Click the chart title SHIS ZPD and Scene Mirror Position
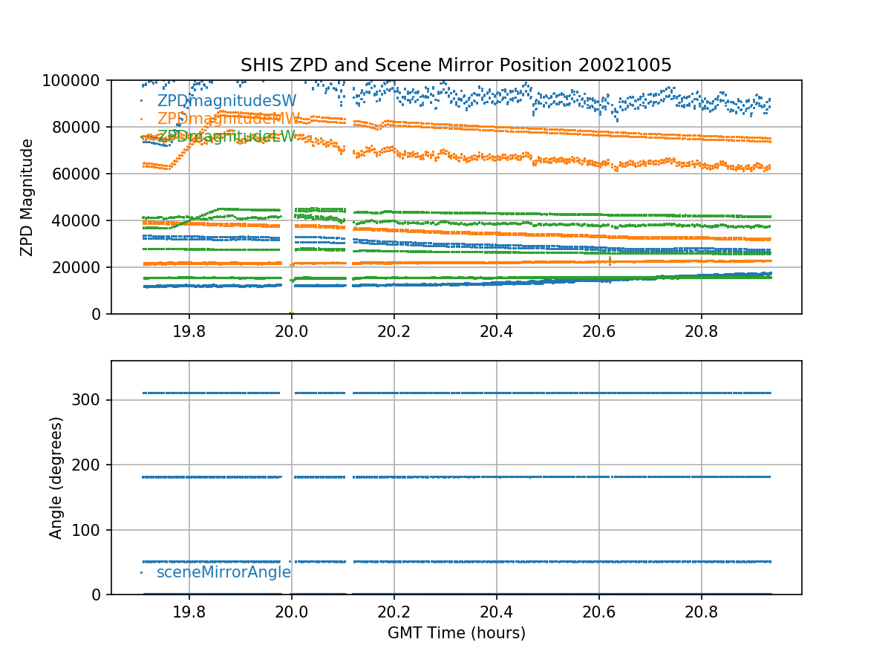pos(456,65)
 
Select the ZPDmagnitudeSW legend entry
pos(226,101)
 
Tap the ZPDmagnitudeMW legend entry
pos(228,119)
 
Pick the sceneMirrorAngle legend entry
pos(223,572)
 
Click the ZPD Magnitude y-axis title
pos(27,197)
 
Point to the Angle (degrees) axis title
pos(56,477)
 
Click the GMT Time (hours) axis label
pos(456,633)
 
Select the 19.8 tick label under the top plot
pos(189,333)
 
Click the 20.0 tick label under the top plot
pos(291,333)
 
